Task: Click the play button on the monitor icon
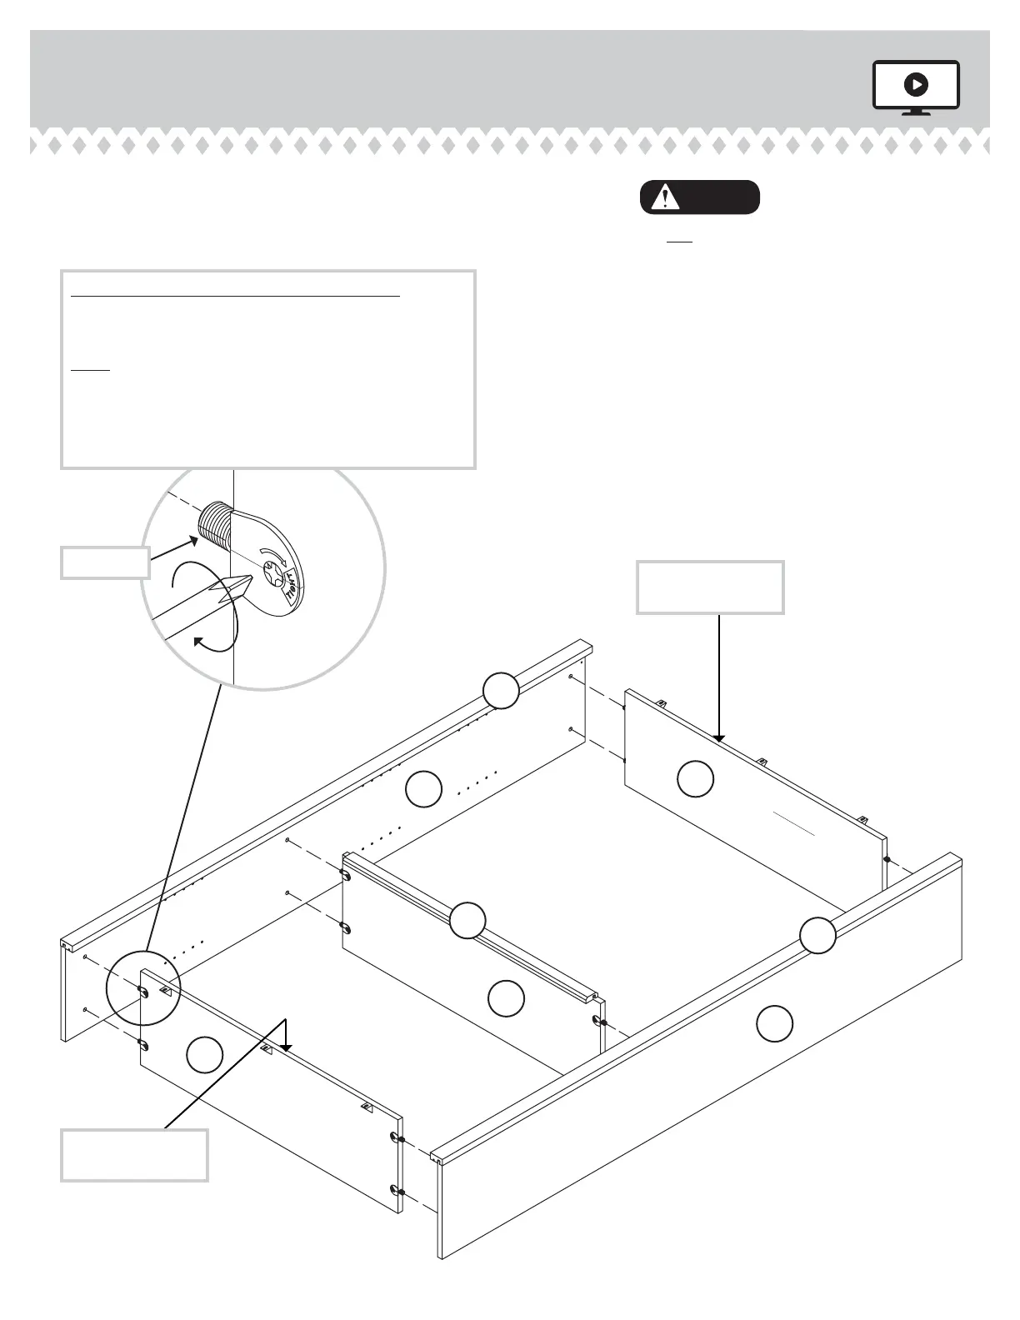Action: (x=916, y=84)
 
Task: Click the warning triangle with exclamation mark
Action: (x=665, y=198)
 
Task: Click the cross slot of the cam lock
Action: (x=272, y=572)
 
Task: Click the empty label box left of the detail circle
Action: (x=105, y=562)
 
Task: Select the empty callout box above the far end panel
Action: (x=709, y=587)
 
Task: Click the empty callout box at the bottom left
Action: (x=134, y=1155)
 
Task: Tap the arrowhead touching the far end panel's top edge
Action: (x=718, y=737)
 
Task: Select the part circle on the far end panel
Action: (x=695, y=778)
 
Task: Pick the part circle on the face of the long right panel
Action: (x=774, y=1023)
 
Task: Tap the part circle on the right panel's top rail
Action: (x=817, y=935)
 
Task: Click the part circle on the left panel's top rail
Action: (x=501, y=691)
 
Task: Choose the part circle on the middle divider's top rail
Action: (x=467, y=921)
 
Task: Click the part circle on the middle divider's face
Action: (x=505, y=998)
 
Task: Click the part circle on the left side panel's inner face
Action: (x=423, y=789)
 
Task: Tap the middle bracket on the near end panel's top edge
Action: (x=267, y=1049)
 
